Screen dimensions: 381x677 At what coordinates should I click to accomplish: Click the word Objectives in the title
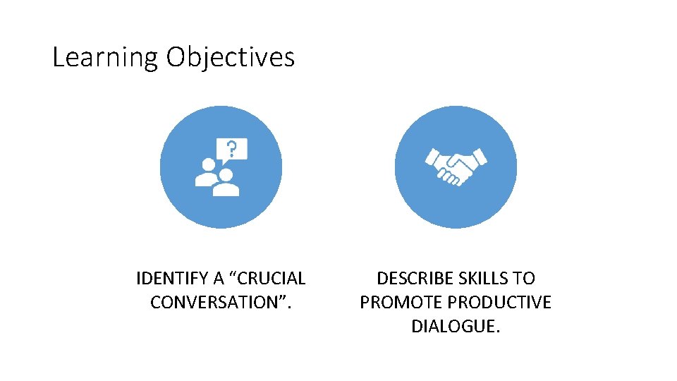(230, 57)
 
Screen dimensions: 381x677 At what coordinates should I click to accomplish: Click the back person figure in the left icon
(207, 172)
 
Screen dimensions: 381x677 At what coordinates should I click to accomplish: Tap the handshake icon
(456, 167)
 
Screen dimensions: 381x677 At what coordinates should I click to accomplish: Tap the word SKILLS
(483, 279)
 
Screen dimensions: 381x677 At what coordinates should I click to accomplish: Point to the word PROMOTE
(401, 303)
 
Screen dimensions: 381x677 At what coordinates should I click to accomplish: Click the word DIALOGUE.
(456, 327)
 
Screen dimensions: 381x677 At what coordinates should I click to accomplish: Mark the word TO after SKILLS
(525, 279)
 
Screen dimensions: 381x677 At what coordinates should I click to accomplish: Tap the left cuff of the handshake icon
(430, 157)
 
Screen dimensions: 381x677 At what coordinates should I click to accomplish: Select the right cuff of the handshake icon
(480, 155)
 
